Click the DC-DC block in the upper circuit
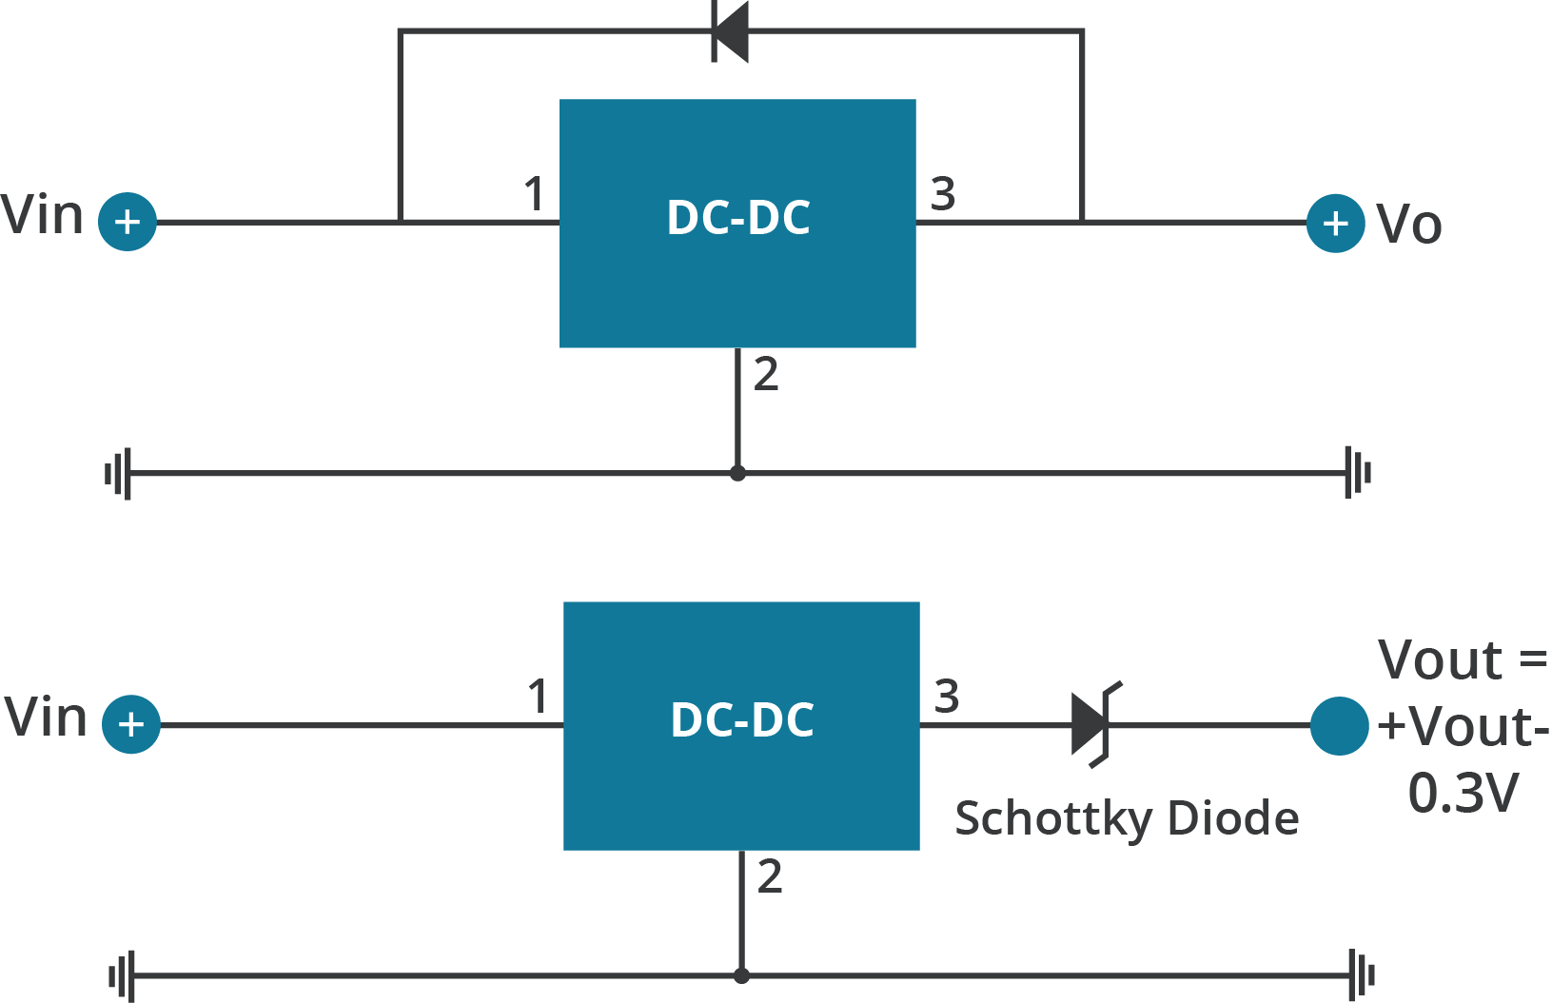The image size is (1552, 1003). pyautogui.click(x=737, y=223)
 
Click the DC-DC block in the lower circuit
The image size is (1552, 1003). pyautogui.click(x=741, y=725)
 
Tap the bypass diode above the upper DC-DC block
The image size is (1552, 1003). pyautogui.click(x=731, y=31)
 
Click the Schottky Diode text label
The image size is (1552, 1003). pyautogui.click(x=1127, y=818)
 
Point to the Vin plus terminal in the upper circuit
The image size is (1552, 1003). pyautogui.click(x=128, y=222)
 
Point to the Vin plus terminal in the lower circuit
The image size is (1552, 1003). pyautogui.click(x=131, y=725)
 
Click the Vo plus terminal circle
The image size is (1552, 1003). pyautogui.click(x=1336, y=223)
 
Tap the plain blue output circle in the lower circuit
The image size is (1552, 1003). pyautogui.click(x=1339, y=726)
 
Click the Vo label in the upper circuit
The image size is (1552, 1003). pyautogui.click(x=1409, y=225)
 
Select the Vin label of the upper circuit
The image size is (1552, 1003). pyautogui.click(x=43, y=215)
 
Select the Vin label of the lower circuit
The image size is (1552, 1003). pyautogui.click(x=46, y=718)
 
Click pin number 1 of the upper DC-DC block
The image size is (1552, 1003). pyautogui.click(x=534, y=194)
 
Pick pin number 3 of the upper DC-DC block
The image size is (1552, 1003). pyautogui.click(x=942, y=194)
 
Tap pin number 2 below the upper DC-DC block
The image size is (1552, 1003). pyautogui.click(x=766, y=374)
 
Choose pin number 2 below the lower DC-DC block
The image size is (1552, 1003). pyautogui.click(x=770, y=876)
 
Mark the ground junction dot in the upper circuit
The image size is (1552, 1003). pyautogui.click(x=737, y=473)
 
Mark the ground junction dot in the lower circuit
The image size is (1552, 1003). pyautogui.click(x=741, y=975)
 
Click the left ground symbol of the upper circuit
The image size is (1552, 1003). pyautogui.click(x=118, y=473)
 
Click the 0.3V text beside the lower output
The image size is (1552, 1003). pyautogui.click(x=1463, y=793)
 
